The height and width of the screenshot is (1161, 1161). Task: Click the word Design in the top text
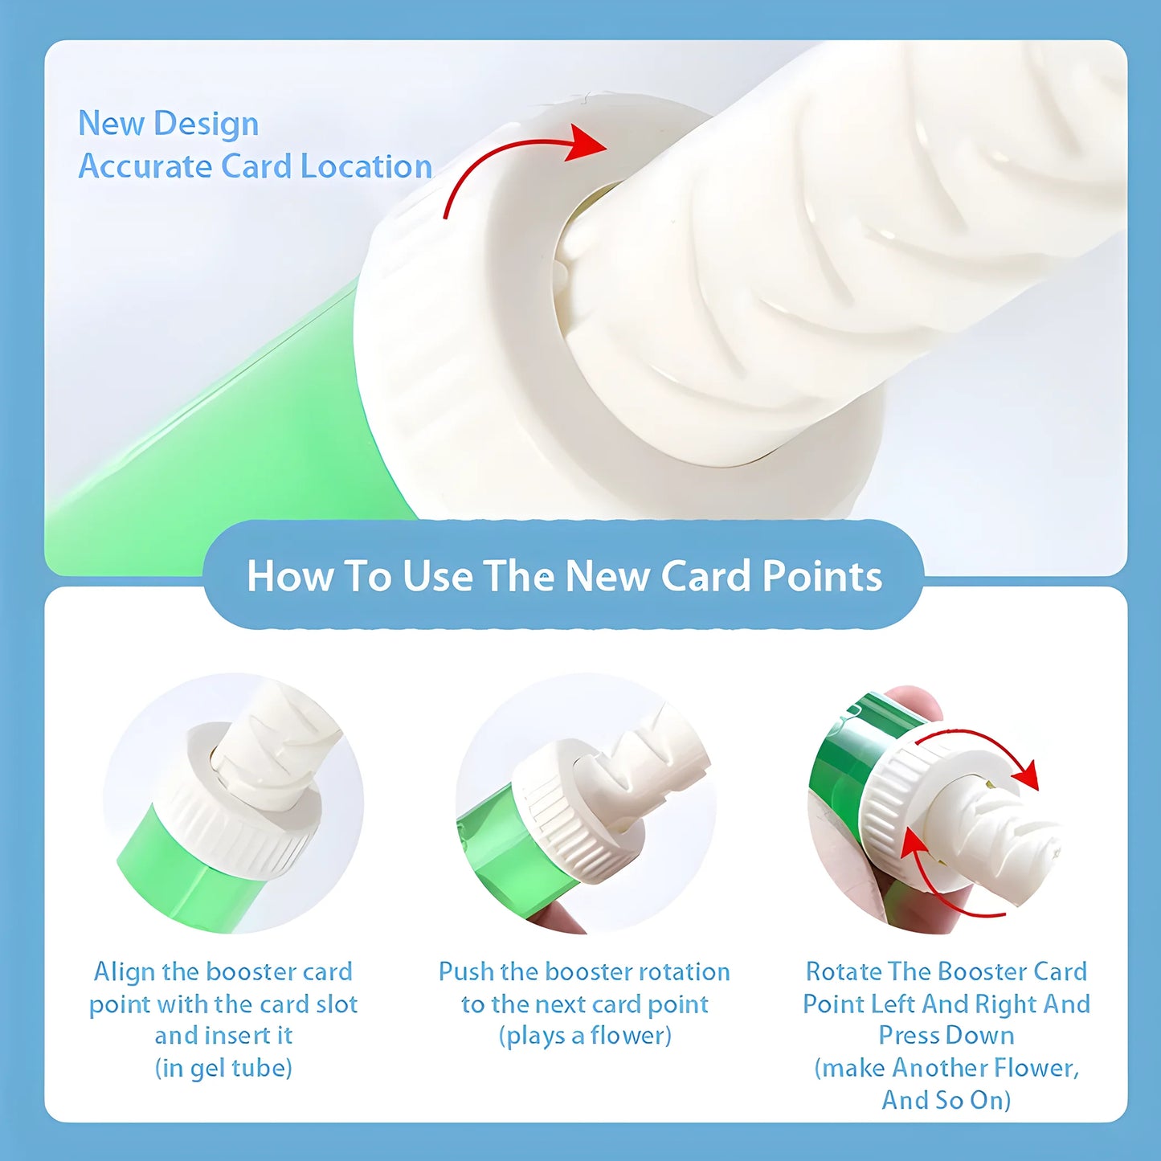point(206,125)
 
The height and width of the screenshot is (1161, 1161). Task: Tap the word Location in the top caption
point(366,167)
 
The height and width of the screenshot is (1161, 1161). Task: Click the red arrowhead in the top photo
point(587,142)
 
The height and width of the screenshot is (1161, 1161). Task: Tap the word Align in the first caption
point(125,972)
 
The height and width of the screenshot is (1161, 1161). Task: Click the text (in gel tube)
point(223,1069)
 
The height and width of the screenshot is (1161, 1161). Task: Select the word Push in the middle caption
point(466,972)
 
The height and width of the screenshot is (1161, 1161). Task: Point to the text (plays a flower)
point(585,1036)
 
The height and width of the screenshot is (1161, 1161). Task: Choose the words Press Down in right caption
point(946,1036)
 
